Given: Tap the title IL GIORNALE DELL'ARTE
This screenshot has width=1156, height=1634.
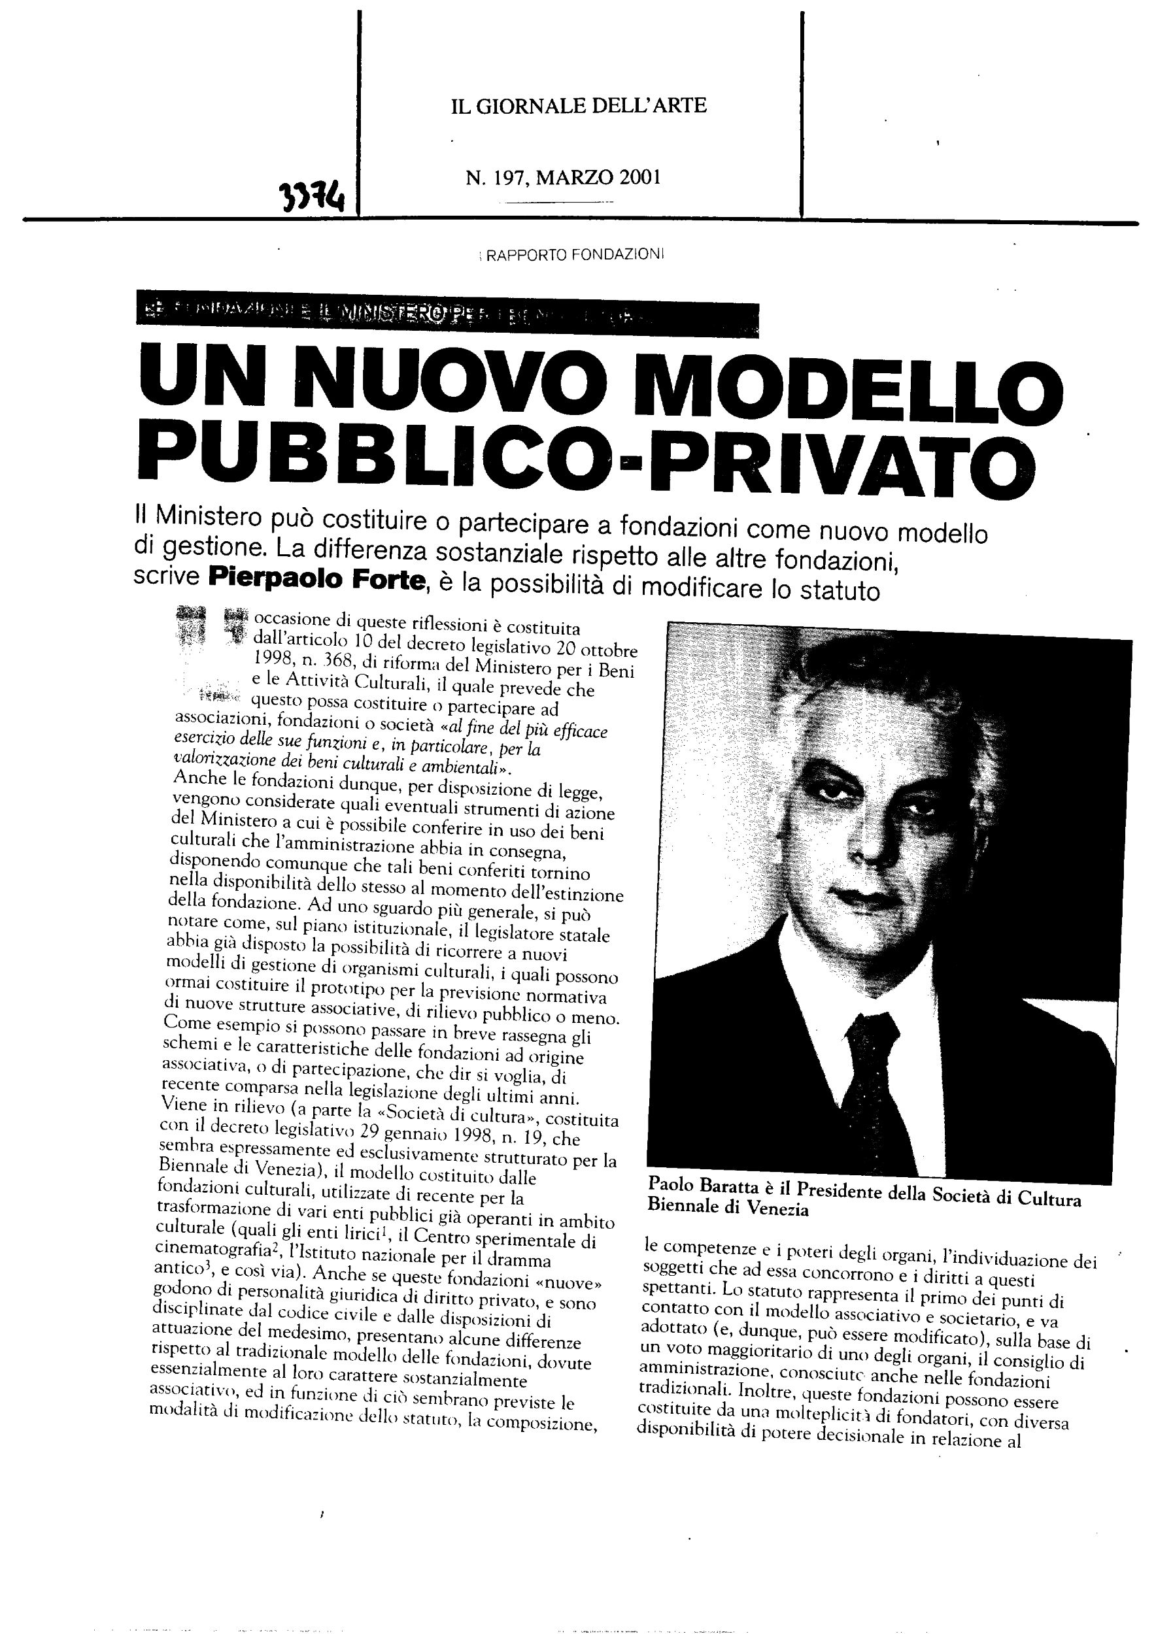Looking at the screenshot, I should tap(579, 106).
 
